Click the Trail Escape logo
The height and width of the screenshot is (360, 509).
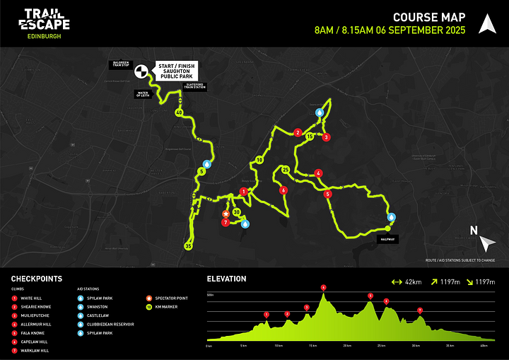tap(47, 23)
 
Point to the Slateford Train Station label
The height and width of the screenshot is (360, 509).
tap(194, 85)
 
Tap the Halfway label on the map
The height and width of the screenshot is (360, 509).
tap(387, 239)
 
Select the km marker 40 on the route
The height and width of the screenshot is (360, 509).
tap(179, 113)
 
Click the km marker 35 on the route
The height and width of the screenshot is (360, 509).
tap(188, 245)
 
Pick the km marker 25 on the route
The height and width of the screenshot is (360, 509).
tap(286, 170)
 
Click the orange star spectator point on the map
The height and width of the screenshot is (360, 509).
tap(226, 213)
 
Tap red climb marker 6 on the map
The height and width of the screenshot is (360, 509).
tap(283, 190)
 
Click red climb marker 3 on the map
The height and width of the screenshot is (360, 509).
tap(326, 137)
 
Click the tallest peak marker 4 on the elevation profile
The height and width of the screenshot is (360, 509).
tap(324, 287)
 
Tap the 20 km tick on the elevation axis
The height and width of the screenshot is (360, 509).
tap(346, 345)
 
